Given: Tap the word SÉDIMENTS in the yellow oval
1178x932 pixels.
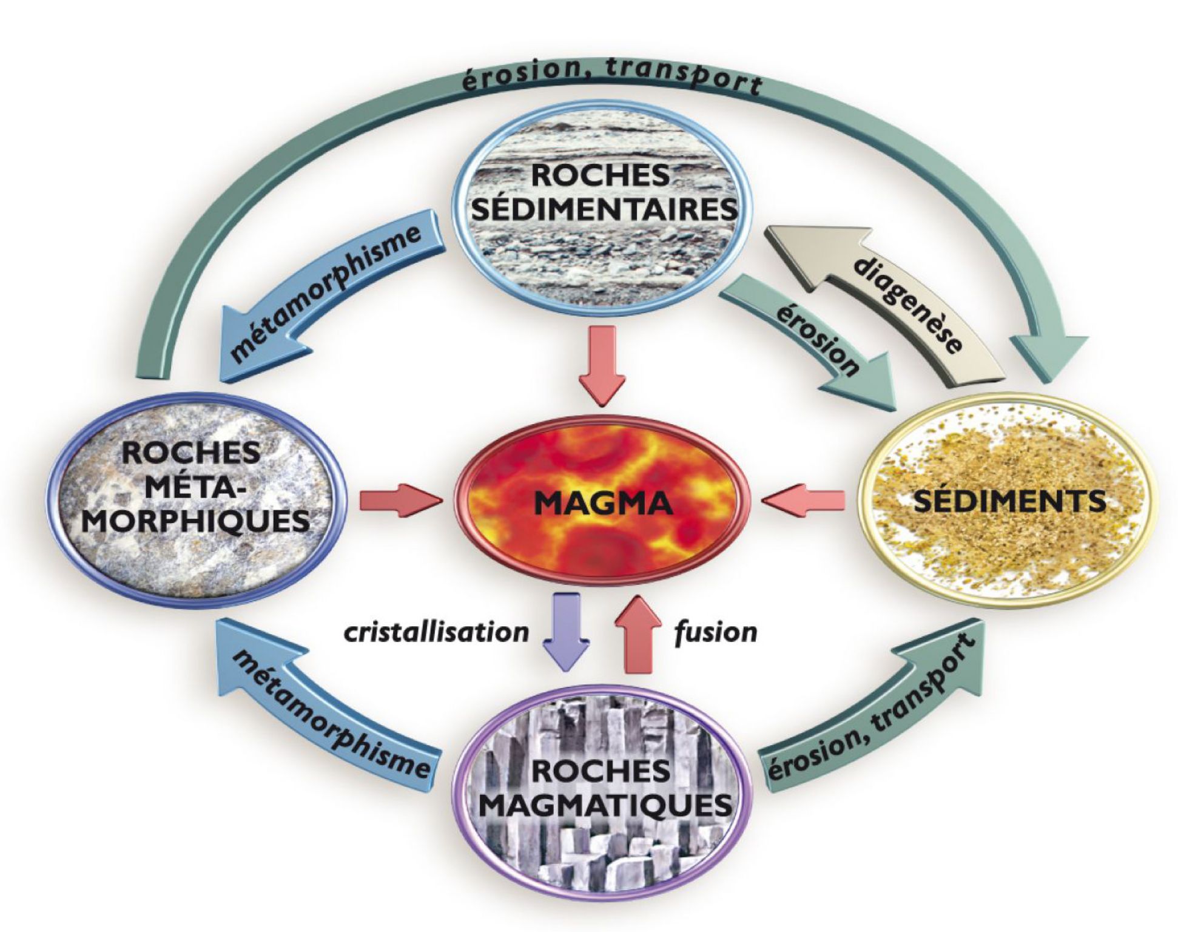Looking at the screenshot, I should click(1009, 501).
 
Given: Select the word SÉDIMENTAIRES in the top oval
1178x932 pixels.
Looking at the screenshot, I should click(604, 210).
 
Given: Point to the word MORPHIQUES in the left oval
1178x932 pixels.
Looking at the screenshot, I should click(195, 520).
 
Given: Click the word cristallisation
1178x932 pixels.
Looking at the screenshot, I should click(436, 632).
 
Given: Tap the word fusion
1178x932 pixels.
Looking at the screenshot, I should click(716, 632).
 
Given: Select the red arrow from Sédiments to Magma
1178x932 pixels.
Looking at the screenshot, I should click(804, 501).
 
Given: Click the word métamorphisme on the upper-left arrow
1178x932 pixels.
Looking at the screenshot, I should click(325, 292).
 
